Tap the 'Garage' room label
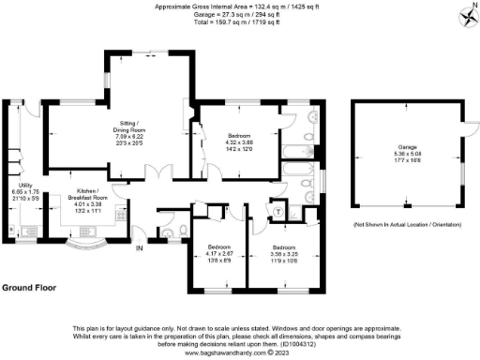click(407, 148)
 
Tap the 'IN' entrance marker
click(139, 248)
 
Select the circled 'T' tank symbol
click(278, 211)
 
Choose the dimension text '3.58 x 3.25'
click(283, 254)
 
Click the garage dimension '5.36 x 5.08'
click(407, 155)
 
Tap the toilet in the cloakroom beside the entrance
click(166, 232)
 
